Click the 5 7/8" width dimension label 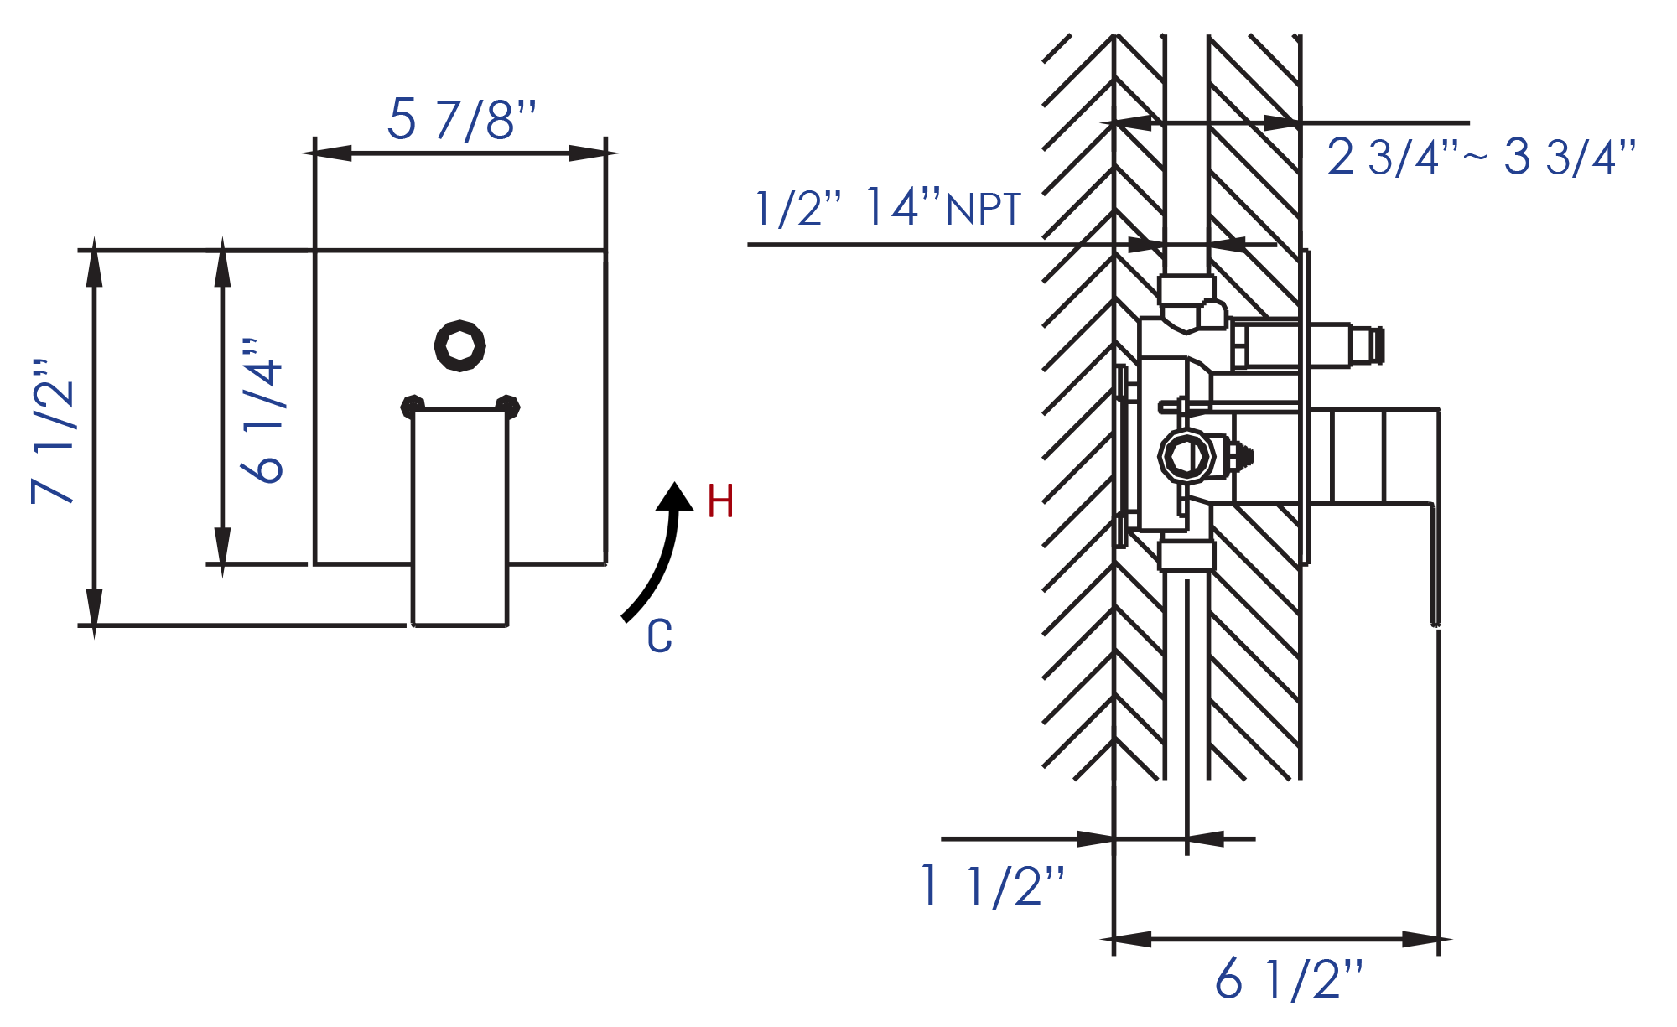click(x=461, y=119)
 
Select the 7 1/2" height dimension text click(x=54, y=433)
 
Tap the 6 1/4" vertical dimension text click(x=262, y=411)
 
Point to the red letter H click(x=720, y=501)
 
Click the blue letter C click(x=660, y=635)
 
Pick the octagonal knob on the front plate click(x=459, y=345)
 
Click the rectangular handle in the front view click(x=459, y=516)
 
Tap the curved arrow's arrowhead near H click(x=675, y=496)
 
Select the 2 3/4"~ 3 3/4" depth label click(x=1481, y=157)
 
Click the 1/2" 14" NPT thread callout click(x=888, y=208)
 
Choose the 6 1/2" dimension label click(x=1289, y=978)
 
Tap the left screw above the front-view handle click(x=413, y=407)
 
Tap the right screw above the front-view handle click(x=507, y=407)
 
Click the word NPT click(x=983, y=210)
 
